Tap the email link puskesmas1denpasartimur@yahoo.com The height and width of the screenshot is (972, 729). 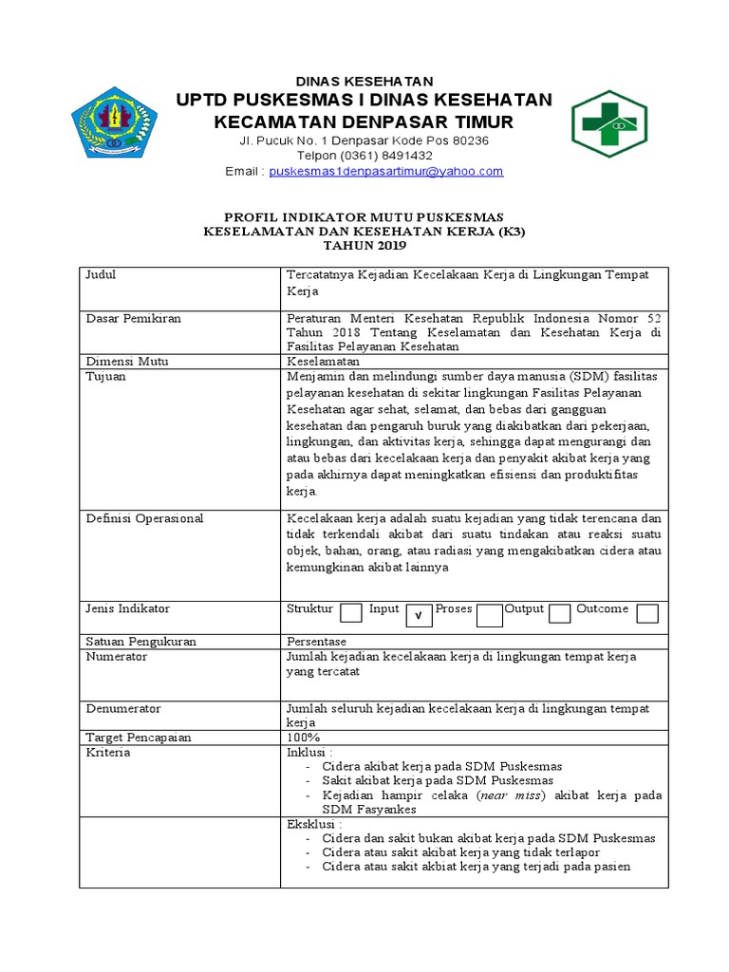pos(386,172)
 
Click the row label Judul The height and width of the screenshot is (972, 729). pos(101,274)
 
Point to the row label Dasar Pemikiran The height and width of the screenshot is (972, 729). pos(133,318)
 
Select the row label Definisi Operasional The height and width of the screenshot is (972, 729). pos(144,518)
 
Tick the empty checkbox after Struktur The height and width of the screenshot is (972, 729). pos(351,612)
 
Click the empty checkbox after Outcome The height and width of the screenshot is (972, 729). pos(647,613)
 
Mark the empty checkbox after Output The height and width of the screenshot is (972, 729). pos(560,613)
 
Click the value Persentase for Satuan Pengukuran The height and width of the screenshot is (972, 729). pos(317,642)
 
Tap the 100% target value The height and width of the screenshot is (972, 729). pos(304,738)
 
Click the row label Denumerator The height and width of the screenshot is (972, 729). pos(123,708)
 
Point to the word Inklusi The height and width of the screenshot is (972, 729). pos(308,752)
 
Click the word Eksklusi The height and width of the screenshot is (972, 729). pos(311,825)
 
